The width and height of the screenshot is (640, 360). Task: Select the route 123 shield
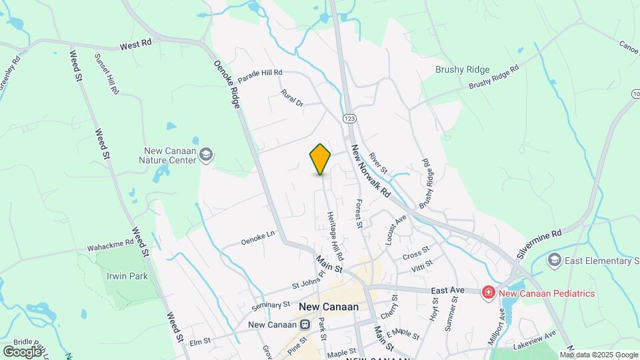point(350,117)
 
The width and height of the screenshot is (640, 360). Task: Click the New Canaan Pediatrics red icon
point(488,293)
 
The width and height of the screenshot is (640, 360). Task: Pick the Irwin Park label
point(125,275)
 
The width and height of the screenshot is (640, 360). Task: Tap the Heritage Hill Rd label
point(335,236)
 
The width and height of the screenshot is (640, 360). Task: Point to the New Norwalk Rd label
point(370,171)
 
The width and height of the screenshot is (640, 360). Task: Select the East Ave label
point(447,291)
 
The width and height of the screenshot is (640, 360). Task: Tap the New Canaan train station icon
point(304,325)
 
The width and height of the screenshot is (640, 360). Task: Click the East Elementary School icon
point(553,259)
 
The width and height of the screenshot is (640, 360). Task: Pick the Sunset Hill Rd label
point(107,73)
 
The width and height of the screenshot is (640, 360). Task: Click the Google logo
point(21,351)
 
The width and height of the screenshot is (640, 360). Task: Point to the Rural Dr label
point(292,98)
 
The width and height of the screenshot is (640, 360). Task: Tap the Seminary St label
point(271,305)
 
